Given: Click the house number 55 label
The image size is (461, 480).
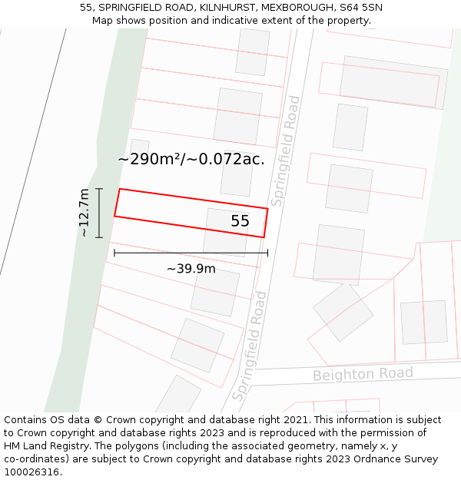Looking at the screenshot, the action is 240,221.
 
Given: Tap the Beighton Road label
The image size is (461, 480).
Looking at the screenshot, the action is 363,374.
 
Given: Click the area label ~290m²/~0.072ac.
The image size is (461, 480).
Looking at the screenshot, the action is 191,159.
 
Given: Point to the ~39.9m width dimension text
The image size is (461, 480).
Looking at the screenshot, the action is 191,268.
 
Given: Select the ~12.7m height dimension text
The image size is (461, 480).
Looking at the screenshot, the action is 85,213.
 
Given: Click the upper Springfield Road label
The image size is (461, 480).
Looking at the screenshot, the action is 284,151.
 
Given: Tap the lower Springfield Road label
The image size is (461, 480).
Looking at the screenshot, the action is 250,346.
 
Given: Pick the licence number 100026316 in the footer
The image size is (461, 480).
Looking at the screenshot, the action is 32,472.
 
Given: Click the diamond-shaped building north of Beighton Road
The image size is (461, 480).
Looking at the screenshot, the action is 343,311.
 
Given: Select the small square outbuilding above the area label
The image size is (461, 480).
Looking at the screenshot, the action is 140,146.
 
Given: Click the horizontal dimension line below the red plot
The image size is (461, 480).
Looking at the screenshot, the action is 191,252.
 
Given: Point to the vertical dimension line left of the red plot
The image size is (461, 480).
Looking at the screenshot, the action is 99,213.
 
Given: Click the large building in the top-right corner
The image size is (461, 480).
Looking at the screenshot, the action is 393,81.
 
